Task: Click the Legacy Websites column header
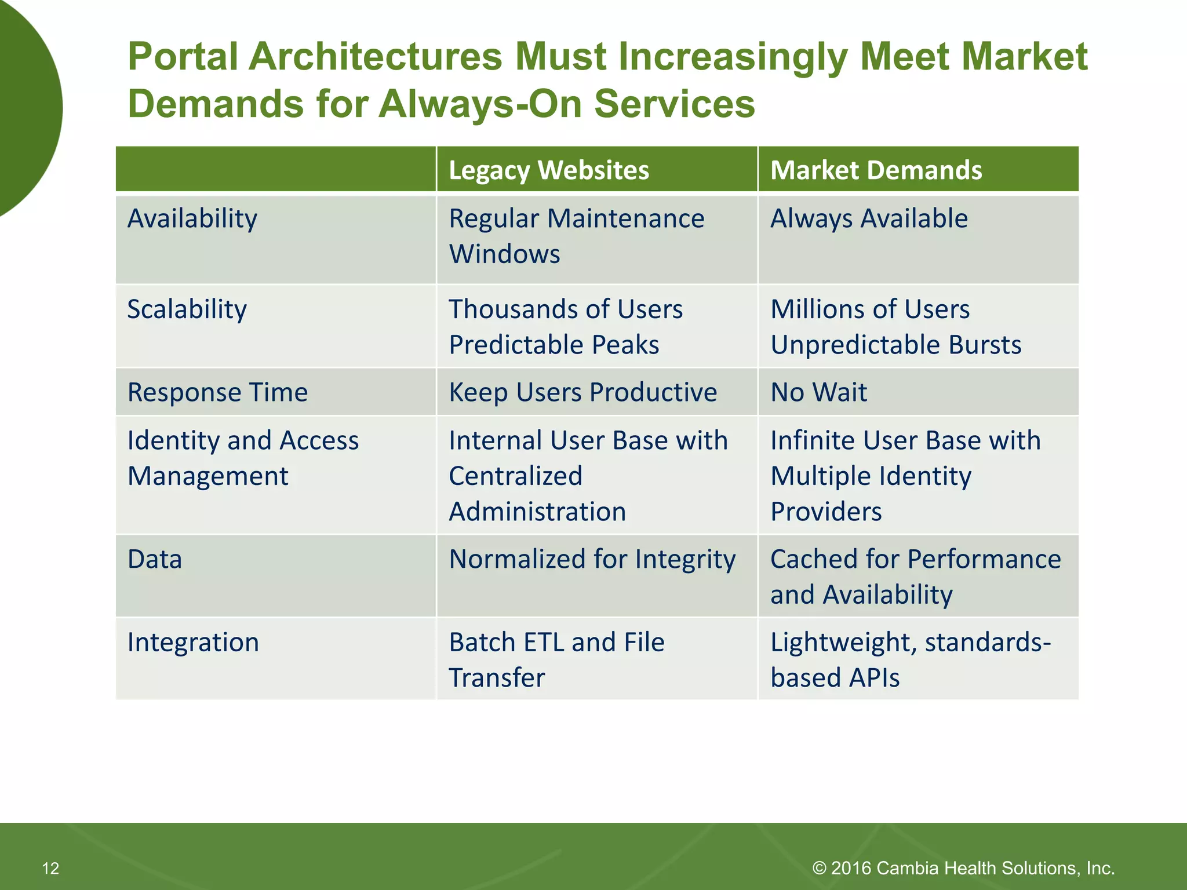pos(548,170)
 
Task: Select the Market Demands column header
pos(875,170)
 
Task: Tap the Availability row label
pos(192,219)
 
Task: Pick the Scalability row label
pos(187,309)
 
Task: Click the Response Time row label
pos(217,392)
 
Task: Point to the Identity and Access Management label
pos(242,458)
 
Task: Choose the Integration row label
pos(193,643)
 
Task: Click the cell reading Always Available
pos(868,219)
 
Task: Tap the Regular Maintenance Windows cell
pos(576,236)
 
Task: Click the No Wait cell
pos(818,392)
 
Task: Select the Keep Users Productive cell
pos(582,392)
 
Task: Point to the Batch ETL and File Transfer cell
pos(556,660)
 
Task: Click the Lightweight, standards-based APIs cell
pos(910,660)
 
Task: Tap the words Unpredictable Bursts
pos(895,345)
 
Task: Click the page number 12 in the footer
pos(50,868)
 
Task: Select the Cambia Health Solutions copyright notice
pos(963,868)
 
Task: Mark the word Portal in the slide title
pos(183,57)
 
